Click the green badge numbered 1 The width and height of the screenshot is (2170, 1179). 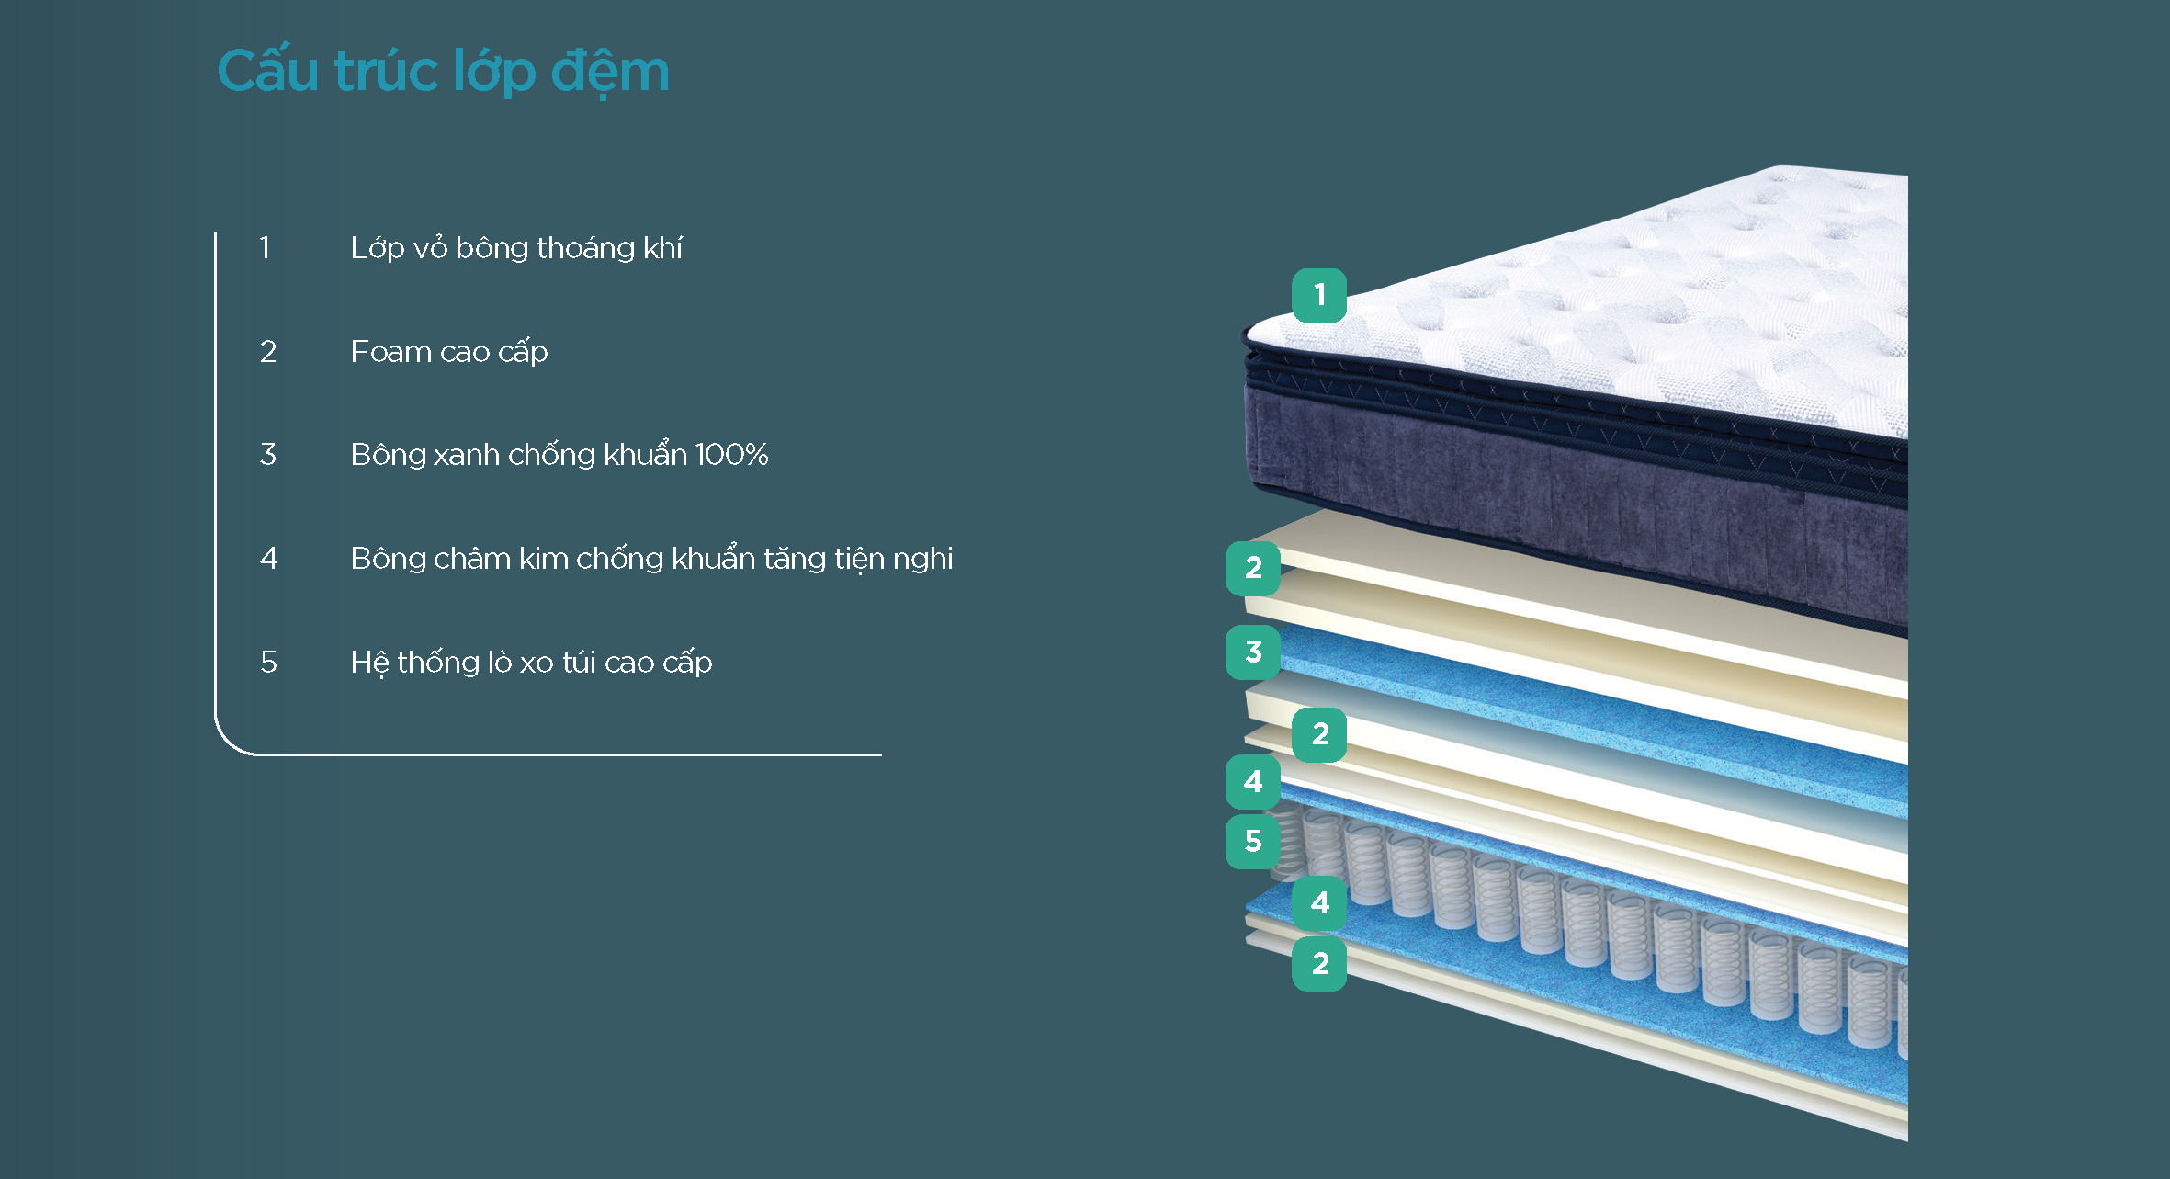1319,295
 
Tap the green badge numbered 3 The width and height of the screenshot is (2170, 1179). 1253,652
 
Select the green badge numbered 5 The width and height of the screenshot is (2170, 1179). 1253,841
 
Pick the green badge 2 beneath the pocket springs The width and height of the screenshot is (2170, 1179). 1319,963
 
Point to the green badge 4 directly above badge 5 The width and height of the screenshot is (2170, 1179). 1253,781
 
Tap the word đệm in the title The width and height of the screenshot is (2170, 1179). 610,72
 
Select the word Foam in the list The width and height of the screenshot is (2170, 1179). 390,351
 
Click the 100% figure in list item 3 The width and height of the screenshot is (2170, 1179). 731,454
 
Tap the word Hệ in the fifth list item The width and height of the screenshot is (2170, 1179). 369,662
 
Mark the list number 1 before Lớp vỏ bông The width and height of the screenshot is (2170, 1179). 266,247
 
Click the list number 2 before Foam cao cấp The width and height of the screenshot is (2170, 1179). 267,351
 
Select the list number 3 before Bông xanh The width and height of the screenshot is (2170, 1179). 267,454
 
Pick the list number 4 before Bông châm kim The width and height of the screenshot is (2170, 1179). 268,558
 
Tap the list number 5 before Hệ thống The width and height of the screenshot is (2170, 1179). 268,662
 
